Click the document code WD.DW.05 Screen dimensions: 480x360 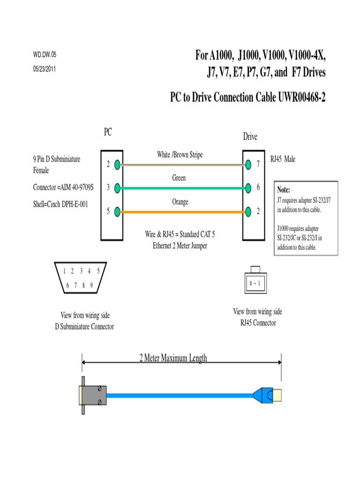point(45,55)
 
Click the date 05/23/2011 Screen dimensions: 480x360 point(45,67)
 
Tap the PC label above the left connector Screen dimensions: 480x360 point(108,133)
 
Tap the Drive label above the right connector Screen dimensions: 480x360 point(250,136)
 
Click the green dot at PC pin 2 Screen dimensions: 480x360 point(118,164)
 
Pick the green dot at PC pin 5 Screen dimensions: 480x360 point(118,211)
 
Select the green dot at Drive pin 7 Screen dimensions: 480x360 point(248,165)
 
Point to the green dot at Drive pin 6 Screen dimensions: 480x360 point(248,188)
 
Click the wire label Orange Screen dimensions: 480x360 point(180,202)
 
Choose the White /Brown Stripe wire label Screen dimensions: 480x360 point(180,155)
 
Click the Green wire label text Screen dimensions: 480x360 point(179,178)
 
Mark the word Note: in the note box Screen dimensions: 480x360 point(284,190)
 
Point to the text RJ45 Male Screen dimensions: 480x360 point(283,159)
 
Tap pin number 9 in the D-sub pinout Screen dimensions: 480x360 point(91,285)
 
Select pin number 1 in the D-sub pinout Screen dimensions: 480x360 point(64,270)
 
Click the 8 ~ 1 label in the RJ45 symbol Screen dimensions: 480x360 point(255,284)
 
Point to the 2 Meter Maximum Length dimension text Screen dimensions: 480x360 point(173,359)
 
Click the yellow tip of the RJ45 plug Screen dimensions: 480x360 point(279,395)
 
